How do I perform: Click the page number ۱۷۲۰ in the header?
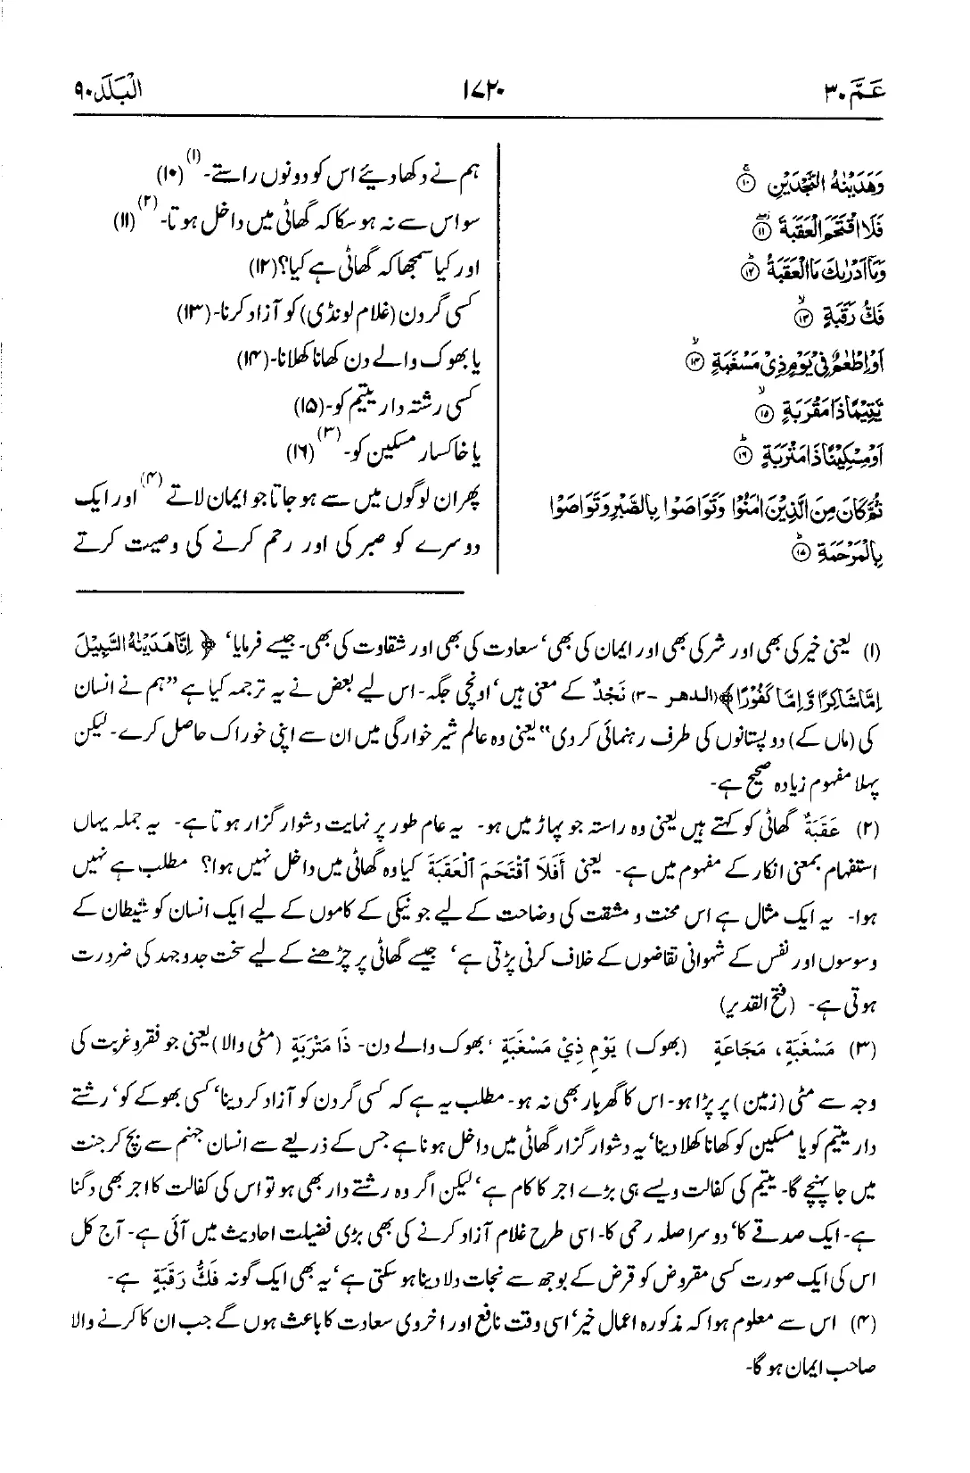pyautogui.click(x=484, y=90)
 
